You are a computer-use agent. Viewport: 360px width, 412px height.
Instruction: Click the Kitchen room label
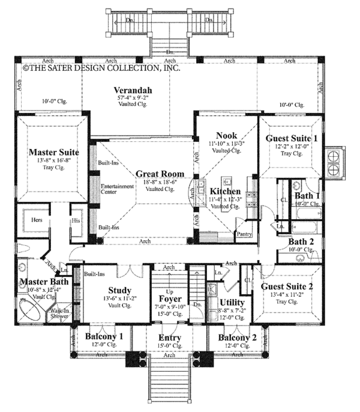click(x=225, y=192)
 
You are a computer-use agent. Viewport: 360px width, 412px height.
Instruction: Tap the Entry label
click(x=170, y=338)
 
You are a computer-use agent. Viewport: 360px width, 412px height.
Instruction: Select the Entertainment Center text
click(x=117, y=189)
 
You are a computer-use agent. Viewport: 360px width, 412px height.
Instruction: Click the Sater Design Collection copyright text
click(x=101, y=68)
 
